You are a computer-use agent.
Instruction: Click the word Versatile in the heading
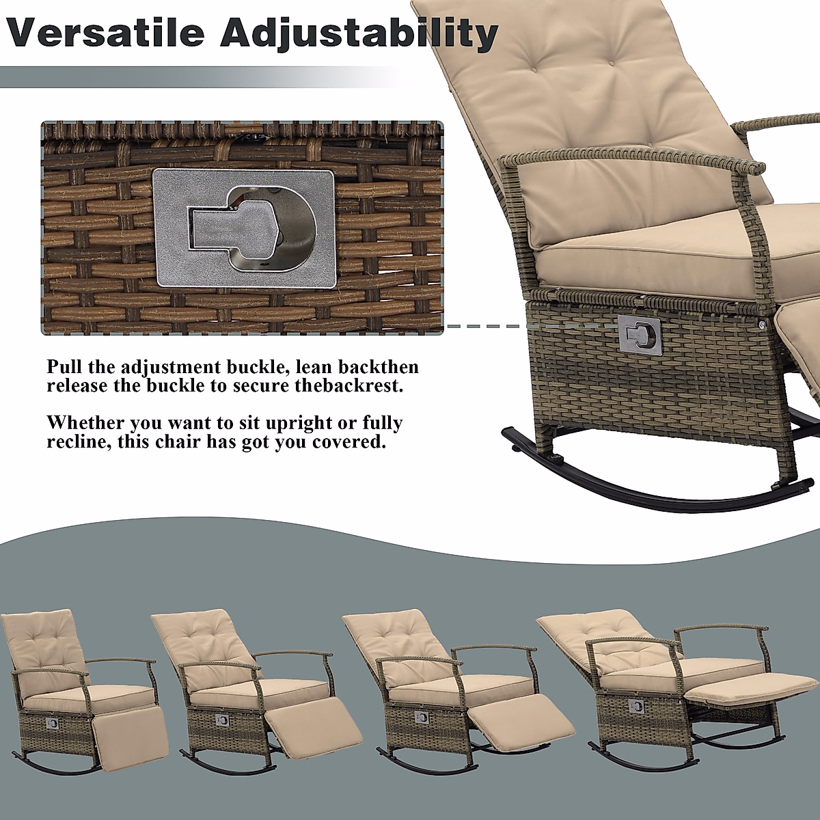(106, 32)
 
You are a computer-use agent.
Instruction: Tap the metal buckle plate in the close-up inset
(245, 228)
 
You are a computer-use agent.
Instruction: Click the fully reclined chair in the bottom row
(676, 690)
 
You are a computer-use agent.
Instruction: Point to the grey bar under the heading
(198, 77)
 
